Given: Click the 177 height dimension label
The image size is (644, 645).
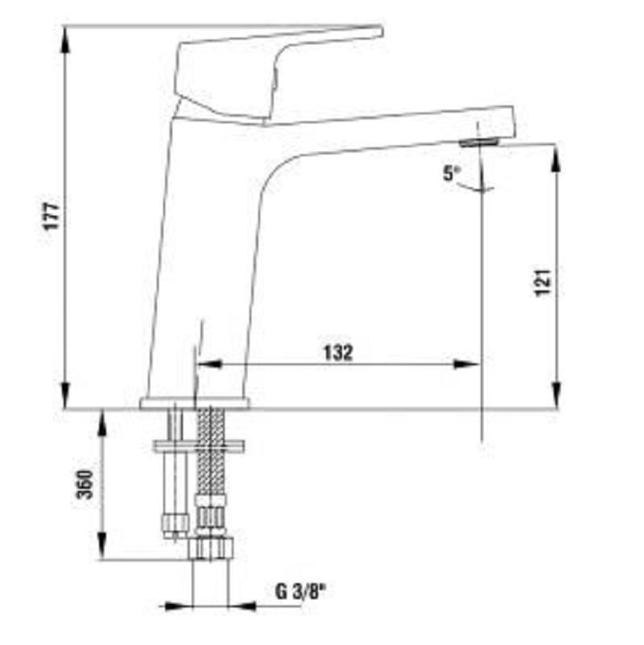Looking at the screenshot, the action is point(52,216).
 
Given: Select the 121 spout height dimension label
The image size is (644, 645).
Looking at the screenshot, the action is point(543,282).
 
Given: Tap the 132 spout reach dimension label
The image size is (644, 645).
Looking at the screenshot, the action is point(338,352).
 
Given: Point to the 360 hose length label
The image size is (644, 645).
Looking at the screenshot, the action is point(85,484).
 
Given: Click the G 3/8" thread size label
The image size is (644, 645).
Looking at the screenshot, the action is point(300,592).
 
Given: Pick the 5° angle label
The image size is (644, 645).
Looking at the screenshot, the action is point(452,173).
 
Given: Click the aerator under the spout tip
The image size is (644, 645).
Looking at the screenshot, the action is point(479,142).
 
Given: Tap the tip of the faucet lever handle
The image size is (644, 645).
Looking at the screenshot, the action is point(382,31).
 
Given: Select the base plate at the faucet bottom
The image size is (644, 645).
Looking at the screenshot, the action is point(194,404).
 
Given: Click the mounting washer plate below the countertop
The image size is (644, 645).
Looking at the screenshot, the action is point(199,446).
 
